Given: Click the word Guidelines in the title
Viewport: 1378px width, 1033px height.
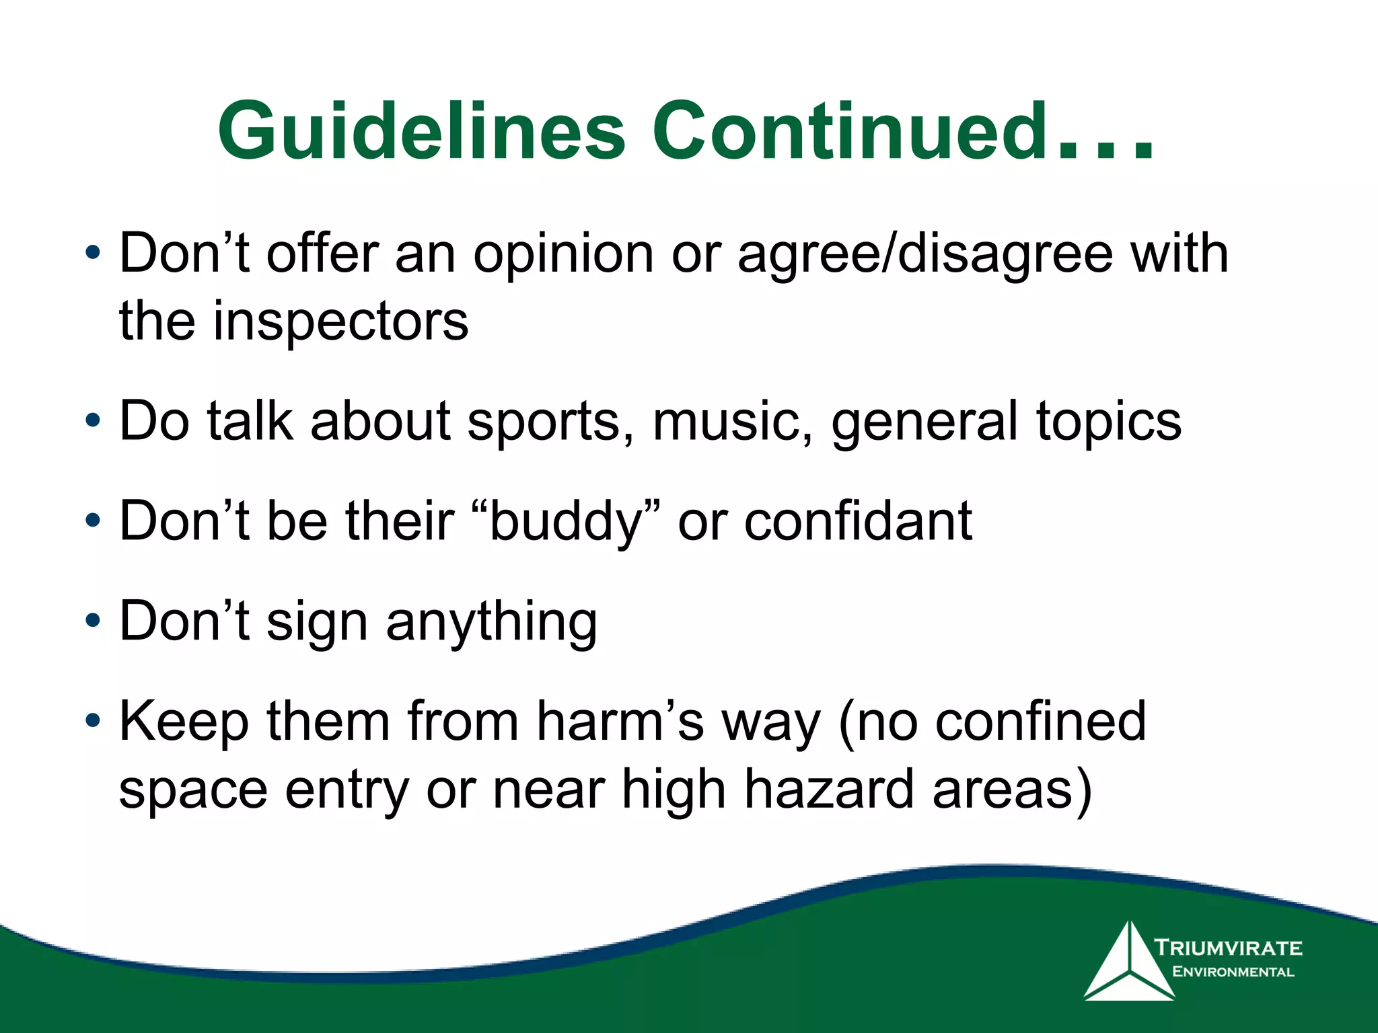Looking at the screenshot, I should click(422, 131).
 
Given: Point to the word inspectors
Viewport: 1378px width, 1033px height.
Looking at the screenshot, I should click(340, 321).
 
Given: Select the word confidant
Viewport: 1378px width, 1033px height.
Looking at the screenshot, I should click(858, 521).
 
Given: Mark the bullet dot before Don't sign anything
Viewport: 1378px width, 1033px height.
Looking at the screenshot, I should click(93, 620).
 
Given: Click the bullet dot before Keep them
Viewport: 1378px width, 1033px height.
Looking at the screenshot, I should click(93, 720).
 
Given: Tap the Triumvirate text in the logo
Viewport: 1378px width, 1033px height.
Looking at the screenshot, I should click(1228, 948).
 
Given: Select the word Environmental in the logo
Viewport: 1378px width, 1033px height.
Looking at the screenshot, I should click(1233, 972).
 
